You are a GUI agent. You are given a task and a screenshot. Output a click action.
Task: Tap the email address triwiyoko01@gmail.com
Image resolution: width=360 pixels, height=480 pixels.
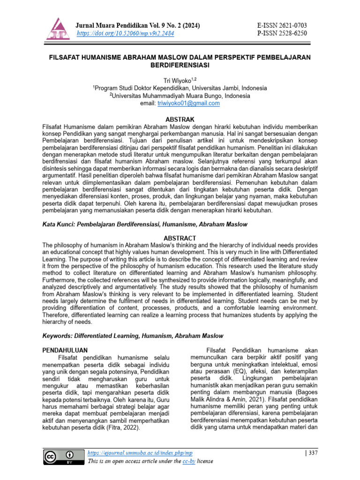(x=195, y=103)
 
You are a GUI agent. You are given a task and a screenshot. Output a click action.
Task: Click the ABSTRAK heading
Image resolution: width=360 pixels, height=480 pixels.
(x=180, y=120)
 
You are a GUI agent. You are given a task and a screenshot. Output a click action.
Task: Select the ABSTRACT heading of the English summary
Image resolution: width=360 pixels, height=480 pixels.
(x=180, y=238)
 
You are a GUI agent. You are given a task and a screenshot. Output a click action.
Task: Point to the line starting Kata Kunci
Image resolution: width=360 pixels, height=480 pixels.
(x=145, y=225)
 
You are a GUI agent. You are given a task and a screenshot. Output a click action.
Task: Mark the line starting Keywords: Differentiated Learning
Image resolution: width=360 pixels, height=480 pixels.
(x=133, y=336)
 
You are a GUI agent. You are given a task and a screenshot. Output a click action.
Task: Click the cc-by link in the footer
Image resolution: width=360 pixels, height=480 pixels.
(x=189, y=461)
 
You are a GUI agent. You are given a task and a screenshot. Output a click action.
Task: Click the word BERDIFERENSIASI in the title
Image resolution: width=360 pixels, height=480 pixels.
(x=180, y=65)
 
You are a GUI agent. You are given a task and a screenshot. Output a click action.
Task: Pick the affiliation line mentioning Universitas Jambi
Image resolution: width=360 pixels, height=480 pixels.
(x=180, y=88)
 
